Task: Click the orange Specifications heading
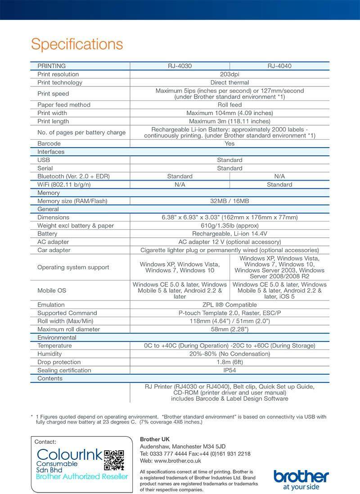76,44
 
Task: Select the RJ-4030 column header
180,66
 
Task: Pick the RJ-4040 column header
279,66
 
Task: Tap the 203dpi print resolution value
229,74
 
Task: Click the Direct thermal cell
229,82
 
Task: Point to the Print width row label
53,113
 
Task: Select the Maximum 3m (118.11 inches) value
229,121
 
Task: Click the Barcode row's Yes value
229,144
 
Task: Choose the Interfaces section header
51,152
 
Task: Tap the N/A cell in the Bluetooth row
279,177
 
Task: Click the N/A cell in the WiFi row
180,185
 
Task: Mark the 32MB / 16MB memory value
229,201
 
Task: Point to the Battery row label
47,234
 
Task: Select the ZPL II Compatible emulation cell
229,305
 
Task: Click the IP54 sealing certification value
229,370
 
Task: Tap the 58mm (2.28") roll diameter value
229,329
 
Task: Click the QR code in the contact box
114,460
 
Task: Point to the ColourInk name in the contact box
70,454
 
